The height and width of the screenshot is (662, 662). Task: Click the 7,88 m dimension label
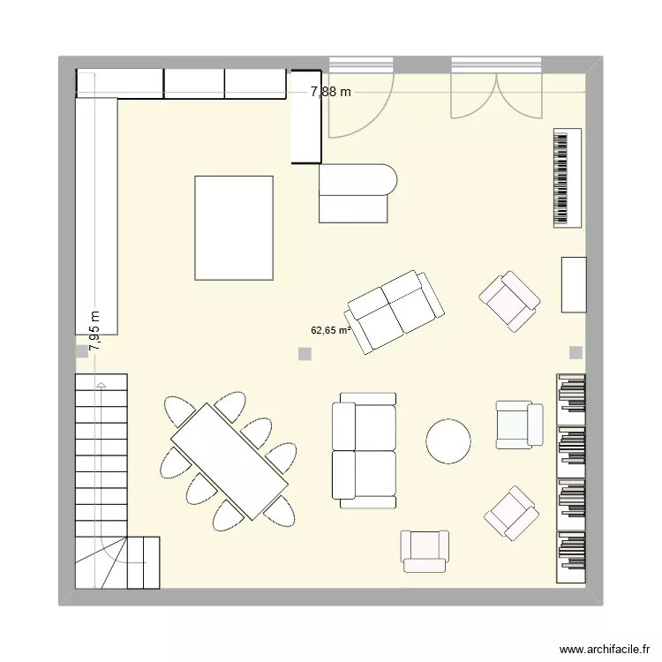coord(330,91)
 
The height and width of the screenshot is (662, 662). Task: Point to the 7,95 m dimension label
coord(94,332)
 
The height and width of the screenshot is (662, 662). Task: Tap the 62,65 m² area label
coord(330,331)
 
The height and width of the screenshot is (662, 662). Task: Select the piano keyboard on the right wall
coord(568,178)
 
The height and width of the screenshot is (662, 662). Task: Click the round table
coord(448,440)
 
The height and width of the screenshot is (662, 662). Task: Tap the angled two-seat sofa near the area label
coord(395,311)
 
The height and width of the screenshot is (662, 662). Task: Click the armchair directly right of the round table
coord(519,424)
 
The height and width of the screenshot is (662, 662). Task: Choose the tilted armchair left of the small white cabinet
coord(509,301)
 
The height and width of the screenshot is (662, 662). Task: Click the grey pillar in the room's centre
coord(305,354)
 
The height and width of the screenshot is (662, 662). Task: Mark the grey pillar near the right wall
coord(575,352)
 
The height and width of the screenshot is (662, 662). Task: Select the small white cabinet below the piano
coord(574,284)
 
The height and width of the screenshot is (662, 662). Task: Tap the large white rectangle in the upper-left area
coord(234,228)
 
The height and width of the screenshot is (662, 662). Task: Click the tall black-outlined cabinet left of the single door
coord(306,117)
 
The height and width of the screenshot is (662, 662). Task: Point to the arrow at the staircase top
coord(102,385)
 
